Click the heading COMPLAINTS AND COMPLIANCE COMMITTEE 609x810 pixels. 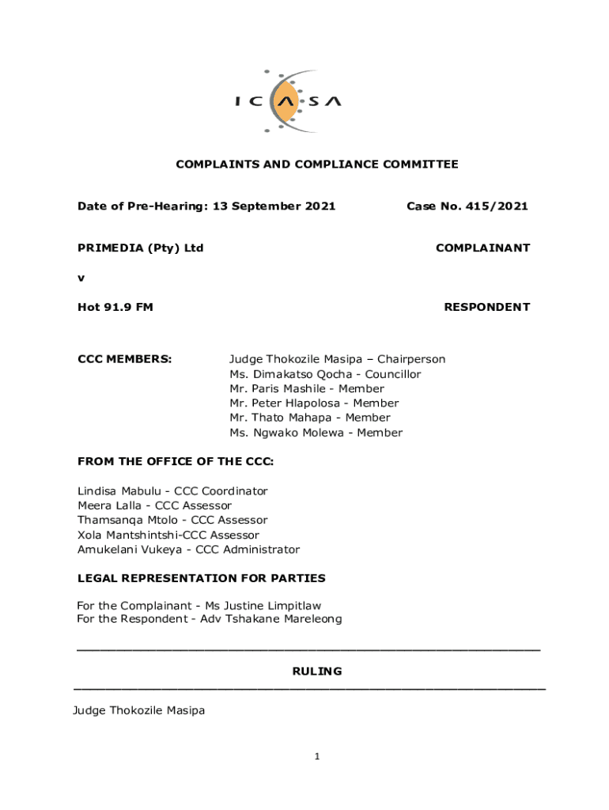click(x=316, y=165)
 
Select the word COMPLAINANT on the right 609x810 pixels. click(x=482, y=248)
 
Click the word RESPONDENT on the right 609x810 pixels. click(x=486, y=307)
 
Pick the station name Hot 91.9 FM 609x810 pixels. click(x=115, y=307)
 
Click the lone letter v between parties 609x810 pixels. click(x=81, y=278)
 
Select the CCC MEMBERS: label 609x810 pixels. click(x=124, y=359)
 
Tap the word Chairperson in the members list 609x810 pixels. click(x=410, y=359)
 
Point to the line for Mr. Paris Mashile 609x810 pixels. click(x=307, y=388)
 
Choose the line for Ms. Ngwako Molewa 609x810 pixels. click(x=316, y=433)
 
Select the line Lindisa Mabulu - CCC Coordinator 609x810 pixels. click(x=172, y=491)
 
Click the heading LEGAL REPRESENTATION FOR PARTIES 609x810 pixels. click(x=201, y=578)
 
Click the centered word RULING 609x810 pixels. click(x=317, y=672)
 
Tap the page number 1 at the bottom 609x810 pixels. click(x=316, y=757)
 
